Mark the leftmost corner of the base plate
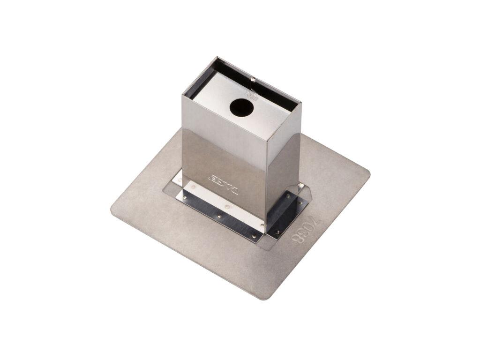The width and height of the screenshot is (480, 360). (x=112, y=209)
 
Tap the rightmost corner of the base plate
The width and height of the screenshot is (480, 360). (x=369, y=174)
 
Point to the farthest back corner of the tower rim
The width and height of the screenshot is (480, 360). (x=217, y=57)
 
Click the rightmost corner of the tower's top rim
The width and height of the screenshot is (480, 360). (x=301, y=103)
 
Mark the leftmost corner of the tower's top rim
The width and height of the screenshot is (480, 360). (x=182, y=95)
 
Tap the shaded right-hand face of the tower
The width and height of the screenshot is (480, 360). (x=283, y=173)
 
